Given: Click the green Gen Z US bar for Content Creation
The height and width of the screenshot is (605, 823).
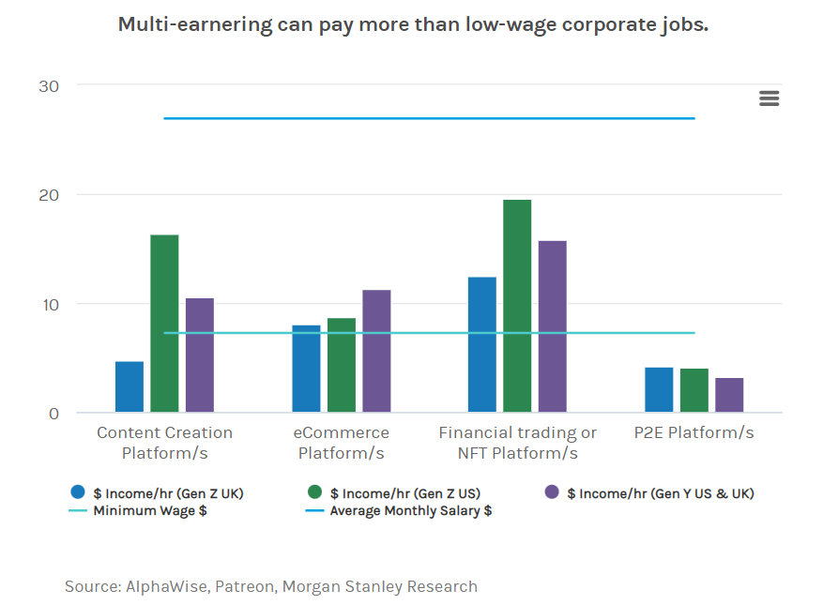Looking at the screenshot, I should pyautogui.click(x=164, y=324).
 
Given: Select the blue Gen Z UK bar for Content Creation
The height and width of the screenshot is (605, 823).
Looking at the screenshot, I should pyautogui.click(x=130, y=386).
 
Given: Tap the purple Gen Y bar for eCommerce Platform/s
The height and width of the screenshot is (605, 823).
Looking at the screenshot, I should pyautogui.click(x=376, y=352).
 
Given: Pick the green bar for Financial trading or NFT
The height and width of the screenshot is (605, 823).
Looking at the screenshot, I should pyautogui.click(x=517, y=306).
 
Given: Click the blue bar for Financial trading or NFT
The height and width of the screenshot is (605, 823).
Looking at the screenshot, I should pyautogui.click(x=482, y=344).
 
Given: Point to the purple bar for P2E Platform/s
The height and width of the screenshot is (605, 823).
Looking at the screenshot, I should pyautogui.click(x=729, y=395).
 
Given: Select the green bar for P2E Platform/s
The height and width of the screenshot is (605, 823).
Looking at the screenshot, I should pyautogui.click(x=694, y=390).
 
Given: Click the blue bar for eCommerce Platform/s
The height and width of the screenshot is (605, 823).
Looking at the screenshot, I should pyautogui.click(x=306, y=369).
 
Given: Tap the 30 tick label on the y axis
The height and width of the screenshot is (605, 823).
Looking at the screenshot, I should pyautogui.click(x=49, y=86).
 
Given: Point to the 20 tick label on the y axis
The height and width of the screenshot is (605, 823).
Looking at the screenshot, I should pyautogui.click(x=49, y=195).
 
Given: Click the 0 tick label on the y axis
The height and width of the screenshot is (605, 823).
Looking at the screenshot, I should pyautogui.click(x=53, y=414).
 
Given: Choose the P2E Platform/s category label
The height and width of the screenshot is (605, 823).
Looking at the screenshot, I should pyautogui.click(x=694, y=432).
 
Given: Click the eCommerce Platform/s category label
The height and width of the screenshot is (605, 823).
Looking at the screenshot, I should pyautogui.click(x=341, y=443).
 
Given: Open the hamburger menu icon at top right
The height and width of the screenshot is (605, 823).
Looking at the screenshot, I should pyautogui.click(x=770, y=98).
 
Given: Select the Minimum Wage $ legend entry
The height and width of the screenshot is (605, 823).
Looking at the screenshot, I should pyautogui.click(x=150, y=511).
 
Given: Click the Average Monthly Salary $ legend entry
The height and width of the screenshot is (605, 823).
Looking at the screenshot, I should pyautogui.click(x=410, y=511).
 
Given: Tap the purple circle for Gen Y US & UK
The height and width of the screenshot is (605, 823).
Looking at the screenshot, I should pyautogui.click(x=552, y=492).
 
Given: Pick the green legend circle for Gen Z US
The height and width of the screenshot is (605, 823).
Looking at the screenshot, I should pyautogui.click(x=315, y=492).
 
